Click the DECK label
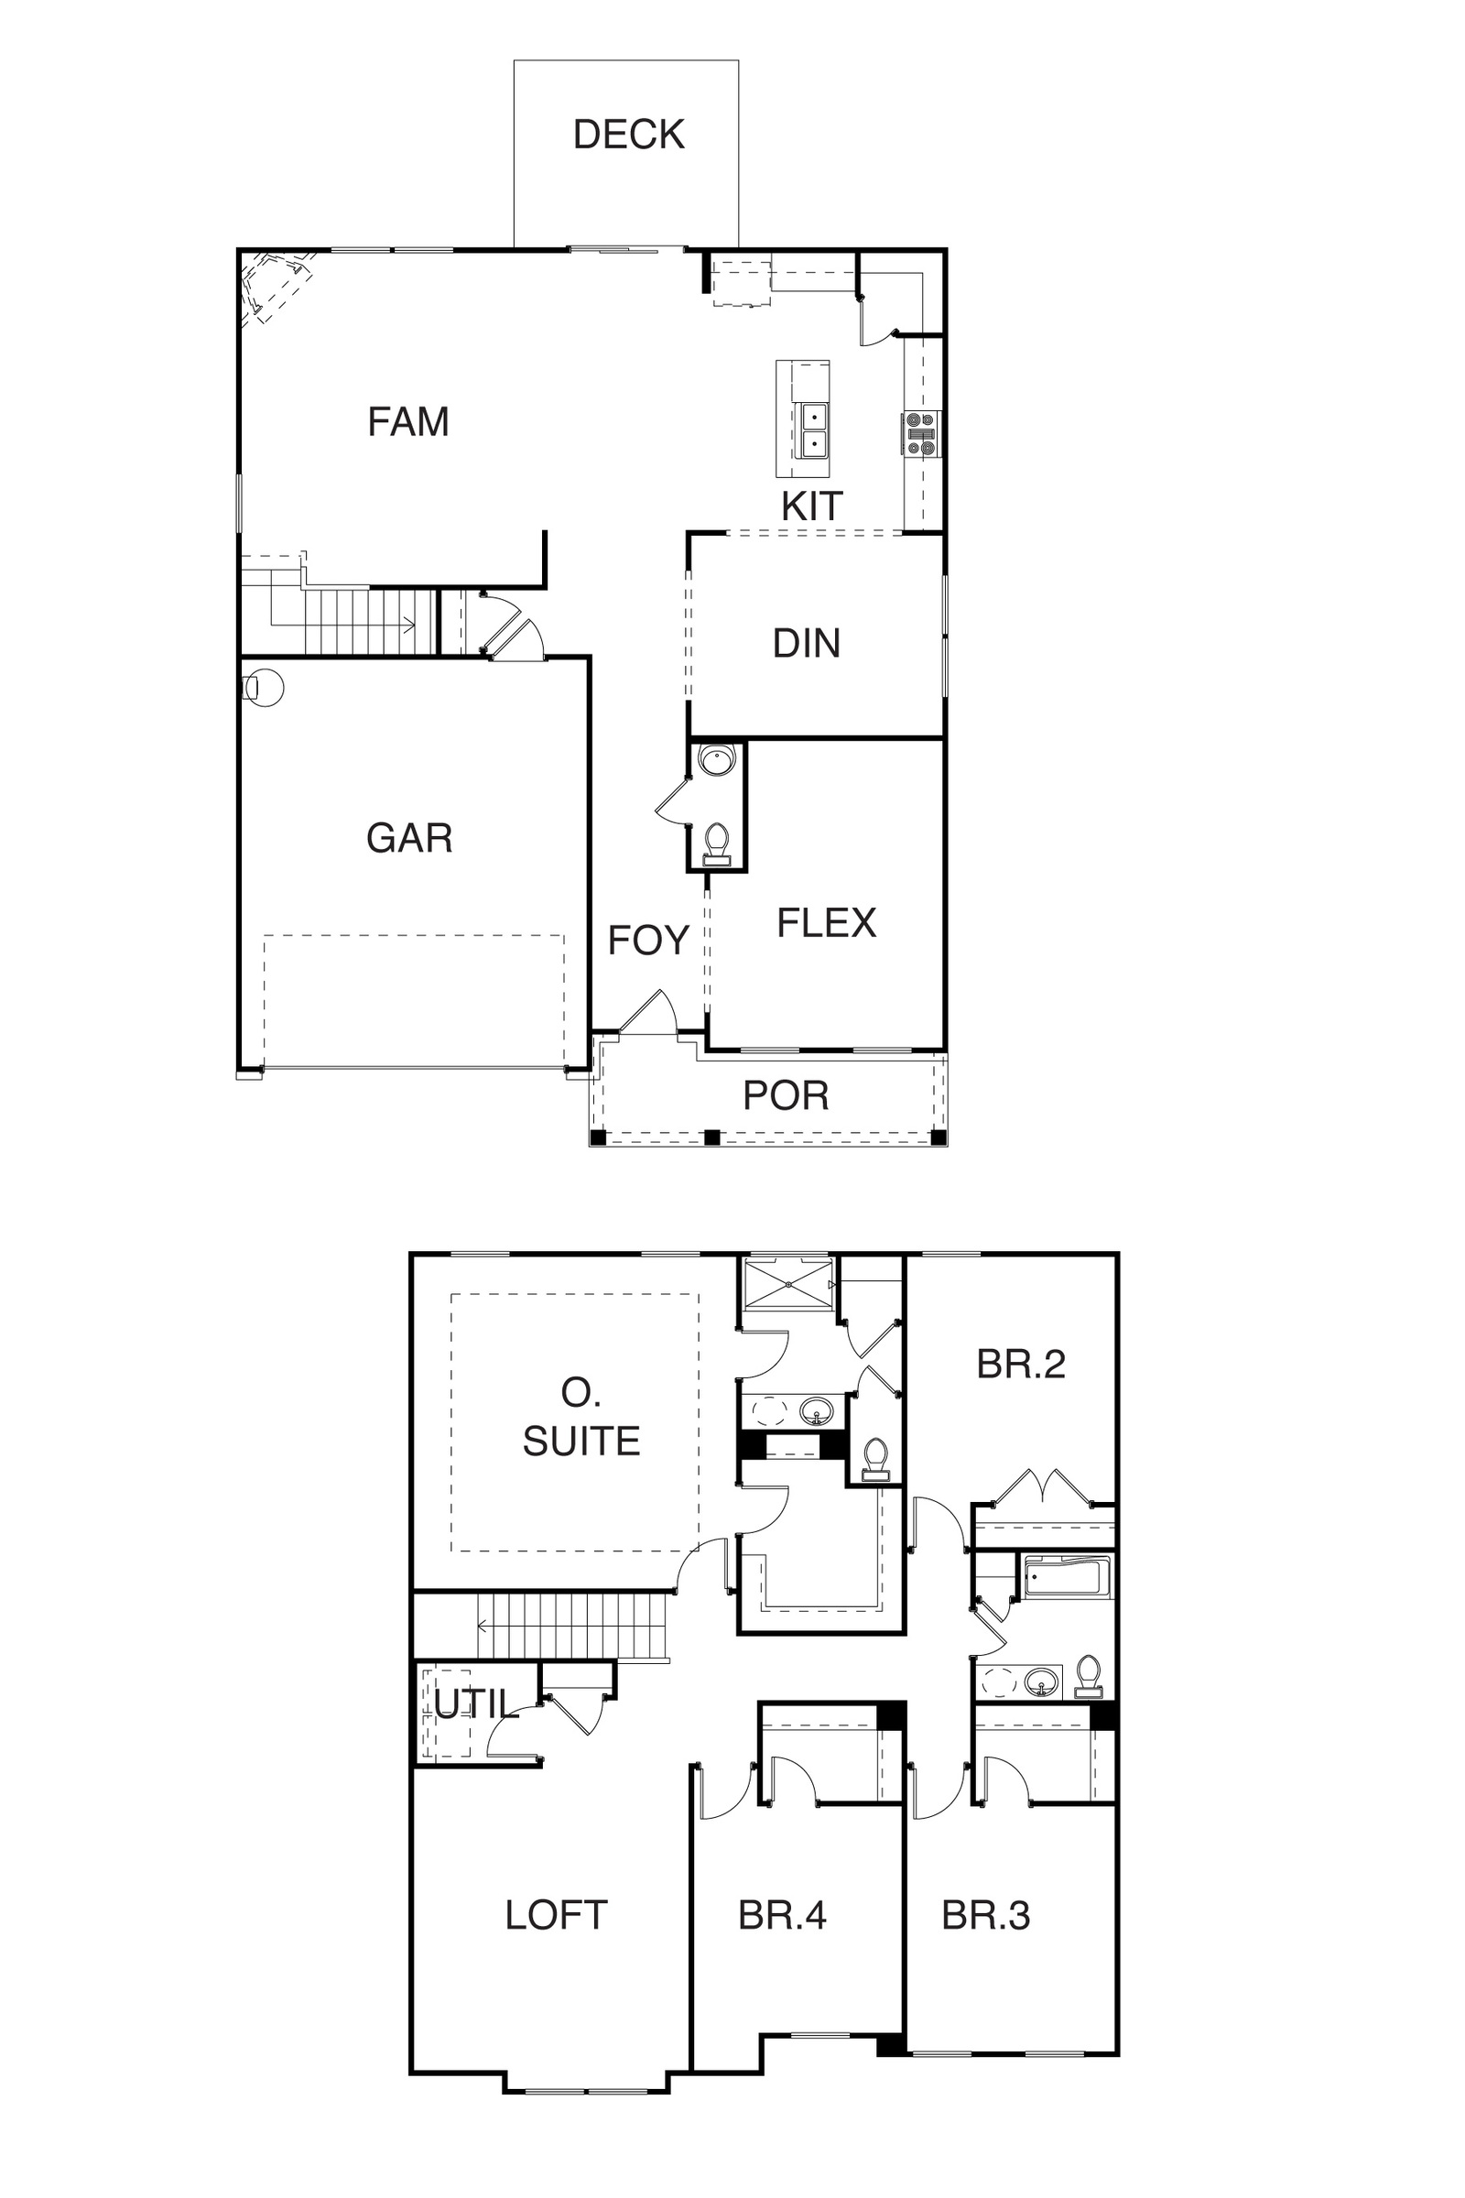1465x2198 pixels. [629, 135]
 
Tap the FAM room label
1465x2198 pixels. [408, 421]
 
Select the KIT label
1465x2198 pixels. [812, 506]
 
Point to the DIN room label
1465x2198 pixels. [807, 643]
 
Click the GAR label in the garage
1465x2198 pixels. [409, 838]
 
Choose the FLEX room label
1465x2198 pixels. [827, 923]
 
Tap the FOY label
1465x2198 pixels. [648, 941]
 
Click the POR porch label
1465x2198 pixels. [786, 1095]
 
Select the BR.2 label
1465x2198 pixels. [1021, 1365]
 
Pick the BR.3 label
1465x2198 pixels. [986, 1916]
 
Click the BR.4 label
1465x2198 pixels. [782, 1916]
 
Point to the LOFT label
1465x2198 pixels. [556, 1916]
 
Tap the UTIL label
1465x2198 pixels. [475, 1704]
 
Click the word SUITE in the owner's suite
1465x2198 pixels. [581, 1442]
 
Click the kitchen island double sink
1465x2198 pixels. [814, 429]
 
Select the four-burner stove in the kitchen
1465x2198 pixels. [920, 434]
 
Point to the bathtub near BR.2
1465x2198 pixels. [1067, 1577]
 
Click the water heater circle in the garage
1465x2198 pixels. [264, 688]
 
